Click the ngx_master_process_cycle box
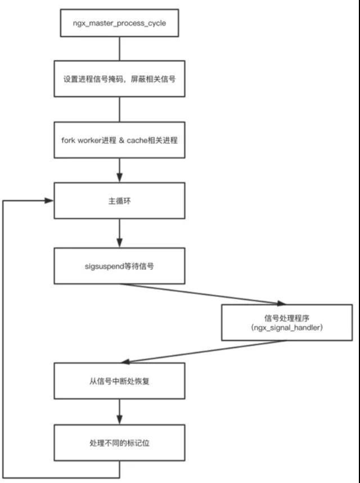click(x=119, y=23)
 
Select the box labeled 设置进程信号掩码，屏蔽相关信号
click(x=119, y=79)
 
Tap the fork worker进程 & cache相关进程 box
click(x=119, y=140)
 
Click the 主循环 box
click(x=119, y=201)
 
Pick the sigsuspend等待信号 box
click(x=119, y=266)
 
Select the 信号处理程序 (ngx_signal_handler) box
click(x=287, y=323)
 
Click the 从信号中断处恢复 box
click(x=119, y=381)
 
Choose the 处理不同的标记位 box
click(x=119, y=443)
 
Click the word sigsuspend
click(x=104, y=266)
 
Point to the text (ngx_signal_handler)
click(x=287, y=327)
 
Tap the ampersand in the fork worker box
click(x=121, y=141)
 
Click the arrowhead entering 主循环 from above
click(x=120, y=178)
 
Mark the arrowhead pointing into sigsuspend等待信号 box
click(x=120, y=243)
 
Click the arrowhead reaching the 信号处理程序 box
click(x=281, y=303)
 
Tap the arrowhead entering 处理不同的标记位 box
click(x=120, y=419)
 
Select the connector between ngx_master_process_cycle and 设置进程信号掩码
click(x=119, y=48)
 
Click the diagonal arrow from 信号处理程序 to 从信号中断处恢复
click(x=203, y=351)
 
